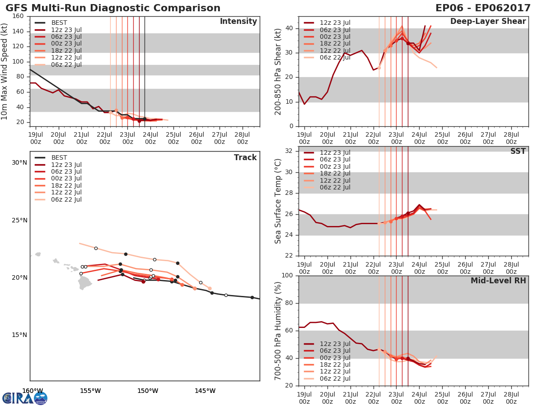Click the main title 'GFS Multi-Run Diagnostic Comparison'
coord(113,8)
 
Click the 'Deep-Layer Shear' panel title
coord(488,22)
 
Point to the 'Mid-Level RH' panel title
coord(498,281)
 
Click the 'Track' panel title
coord(245,157)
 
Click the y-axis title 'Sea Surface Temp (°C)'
coord(278,201)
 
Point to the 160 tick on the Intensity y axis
coord(19,16)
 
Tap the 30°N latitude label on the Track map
coord(19,163)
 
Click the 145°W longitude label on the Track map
coord(206,391)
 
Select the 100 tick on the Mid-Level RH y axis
coord(287,276)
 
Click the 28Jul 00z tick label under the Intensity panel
coord(242,138)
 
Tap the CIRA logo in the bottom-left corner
coord(25,398)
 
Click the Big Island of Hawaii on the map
coord(84,283)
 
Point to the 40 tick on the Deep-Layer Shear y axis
coord(289,28)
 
